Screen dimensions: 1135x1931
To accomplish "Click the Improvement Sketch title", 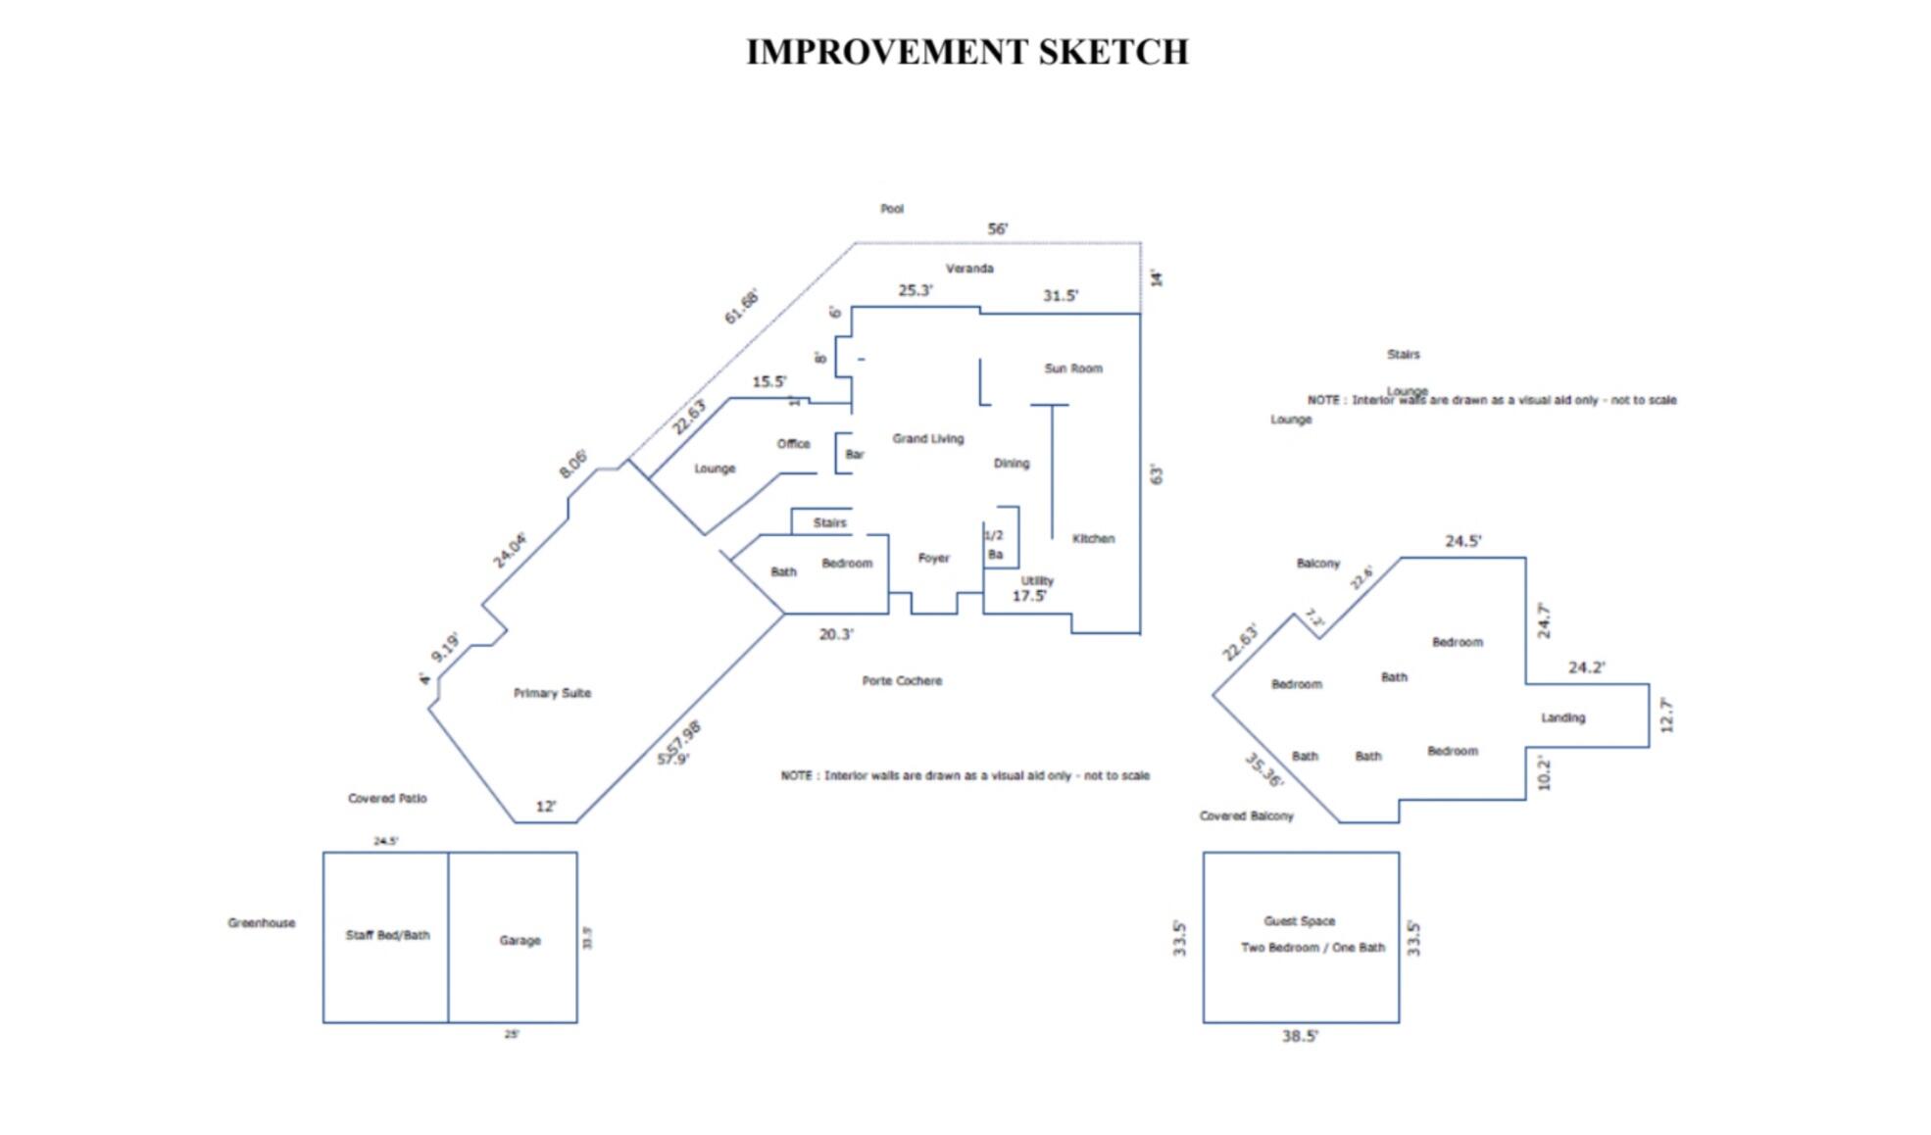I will [x=966, y=52].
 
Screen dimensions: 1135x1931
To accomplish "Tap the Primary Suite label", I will [x=552, y=693].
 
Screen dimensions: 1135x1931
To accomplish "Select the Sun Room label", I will [x=1073, y=369].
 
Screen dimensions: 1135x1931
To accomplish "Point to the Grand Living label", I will [x=927, y=438].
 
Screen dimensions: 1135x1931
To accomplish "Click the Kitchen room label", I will [x=1093, y=538].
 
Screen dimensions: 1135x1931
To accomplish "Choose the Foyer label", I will [x=933, y=558].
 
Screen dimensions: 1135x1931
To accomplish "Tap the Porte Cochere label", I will [x=902, y=680].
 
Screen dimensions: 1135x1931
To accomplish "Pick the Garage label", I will [x=520, y=940].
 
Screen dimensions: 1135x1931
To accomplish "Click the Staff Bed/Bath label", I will [x=387, y=935].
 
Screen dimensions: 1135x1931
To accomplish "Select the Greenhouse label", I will [x=261, y=922].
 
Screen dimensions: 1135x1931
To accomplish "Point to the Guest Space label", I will [x=1299, y=920].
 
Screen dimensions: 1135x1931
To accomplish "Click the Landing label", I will [x=1562, y=717].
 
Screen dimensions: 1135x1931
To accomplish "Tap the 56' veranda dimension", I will [x=997, y=229].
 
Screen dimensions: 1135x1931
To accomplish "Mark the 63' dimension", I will [x=1157, y=474].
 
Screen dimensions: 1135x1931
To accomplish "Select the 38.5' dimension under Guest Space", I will [x=1300, y=1036].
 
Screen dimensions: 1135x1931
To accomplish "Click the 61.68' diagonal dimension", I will [x=741, y=307].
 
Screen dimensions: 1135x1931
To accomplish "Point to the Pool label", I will [x=892, y=209].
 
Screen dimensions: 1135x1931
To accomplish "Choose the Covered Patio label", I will [x=387, y=798].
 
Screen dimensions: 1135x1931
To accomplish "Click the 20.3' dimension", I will [x=836, y=634].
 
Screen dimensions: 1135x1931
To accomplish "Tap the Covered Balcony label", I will [x=1246, y=815].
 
